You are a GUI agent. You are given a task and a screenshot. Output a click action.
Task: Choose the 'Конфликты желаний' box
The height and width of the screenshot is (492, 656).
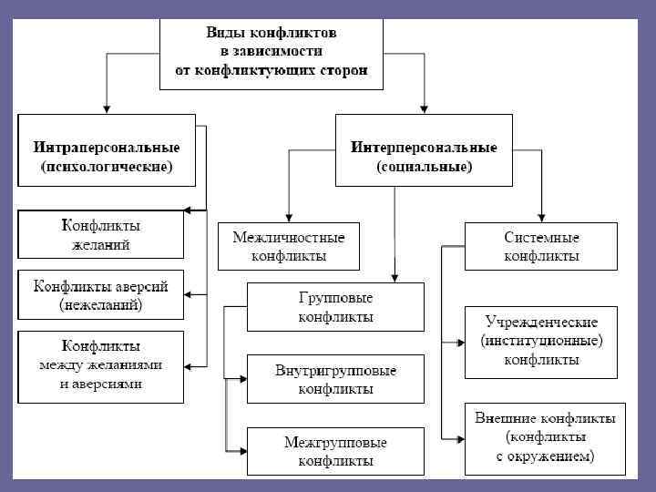pos(100,235)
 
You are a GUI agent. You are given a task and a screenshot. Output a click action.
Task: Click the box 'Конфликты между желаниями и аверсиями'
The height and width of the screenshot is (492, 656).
pos(100,364)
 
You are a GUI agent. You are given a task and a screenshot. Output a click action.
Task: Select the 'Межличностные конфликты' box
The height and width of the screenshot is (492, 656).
pos(288,247)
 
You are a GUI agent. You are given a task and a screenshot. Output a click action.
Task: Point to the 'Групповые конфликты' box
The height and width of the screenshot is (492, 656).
pos(336,307)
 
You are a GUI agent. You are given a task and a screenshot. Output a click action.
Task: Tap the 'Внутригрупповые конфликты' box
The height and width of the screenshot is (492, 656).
pos(336,379)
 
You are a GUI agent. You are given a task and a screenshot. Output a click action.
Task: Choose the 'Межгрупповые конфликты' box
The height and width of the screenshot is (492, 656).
pos(336,451)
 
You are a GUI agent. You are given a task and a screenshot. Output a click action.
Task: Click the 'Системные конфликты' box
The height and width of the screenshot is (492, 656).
pos(541,247)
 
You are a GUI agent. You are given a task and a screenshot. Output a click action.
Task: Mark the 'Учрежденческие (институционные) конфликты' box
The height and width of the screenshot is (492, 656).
pos(541,342)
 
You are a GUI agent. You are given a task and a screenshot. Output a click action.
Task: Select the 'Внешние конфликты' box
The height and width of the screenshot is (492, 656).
pos(545,437)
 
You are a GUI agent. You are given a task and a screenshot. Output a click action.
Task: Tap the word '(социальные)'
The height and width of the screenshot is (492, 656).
pos(425,168)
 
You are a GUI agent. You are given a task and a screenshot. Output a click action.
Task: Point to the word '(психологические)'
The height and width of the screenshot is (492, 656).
pos(107,168)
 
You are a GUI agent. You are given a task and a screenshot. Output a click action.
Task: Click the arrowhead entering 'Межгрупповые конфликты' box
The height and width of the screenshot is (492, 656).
pos(243,451)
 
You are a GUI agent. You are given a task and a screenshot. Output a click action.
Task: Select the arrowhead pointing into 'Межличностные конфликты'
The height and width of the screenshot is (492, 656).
pos(288,216)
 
